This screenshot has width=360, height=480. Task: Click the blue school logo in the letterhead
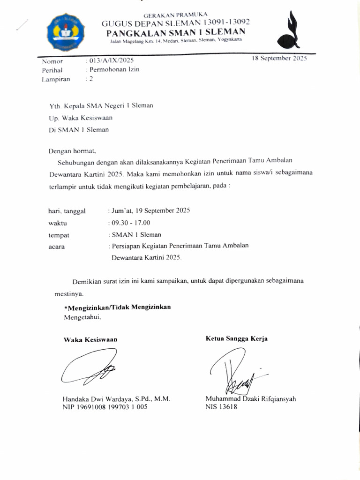(x=66, y=32)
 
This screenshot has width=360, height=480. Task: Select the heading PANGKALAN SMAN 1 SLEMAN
(x=176, y=32)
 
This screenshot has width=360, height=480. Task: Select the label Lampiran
(x=56, y=79)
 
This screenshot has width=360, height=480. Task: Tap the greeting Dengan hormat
(x=72, y=151)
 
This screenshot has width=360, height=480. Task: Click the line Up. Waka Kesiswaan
(x=81, y=118)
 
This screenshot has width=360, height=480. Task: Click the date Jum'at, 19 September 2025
(x=149, y=210)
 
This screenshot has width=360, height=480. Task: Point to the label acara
(x=57, y=247)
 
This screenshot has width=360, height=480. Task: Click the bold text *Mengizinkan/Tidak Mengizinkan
(x=117, y=307)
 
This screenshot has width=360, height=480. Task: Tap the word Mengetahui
(x=82, y=317)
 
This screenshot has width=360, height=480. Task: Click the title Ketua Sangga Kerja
(x=237, y=338)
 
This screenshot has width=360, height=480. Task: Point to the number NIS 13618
(x=221, y=407)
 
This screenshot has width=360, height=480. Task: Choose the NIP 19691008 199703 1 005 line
(x=105, y=407)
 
